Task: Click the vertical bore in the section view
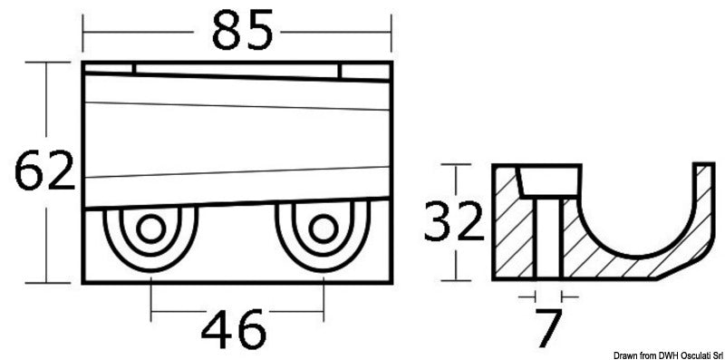tap(547, 236)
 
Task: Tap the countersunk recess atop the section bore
tap(547, 180)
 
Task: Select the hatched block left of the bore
tap(513, 227)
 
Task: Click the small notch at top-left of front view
tap(134, 69)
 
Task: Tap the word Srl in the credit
tap(710, 353)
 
